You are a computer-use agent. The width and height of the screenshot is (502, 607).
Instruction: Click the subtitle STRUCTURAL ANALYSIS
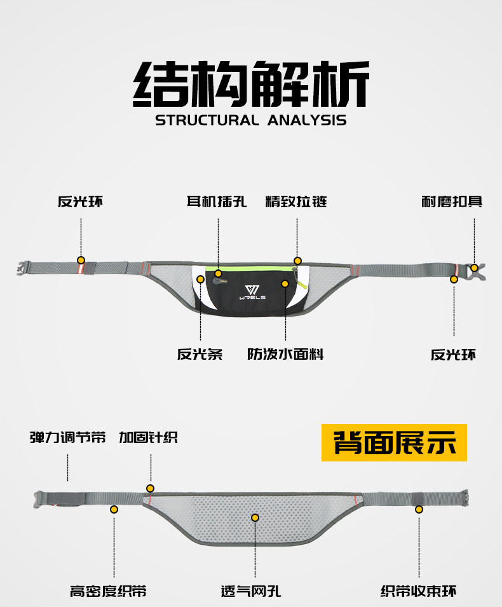(251, 120)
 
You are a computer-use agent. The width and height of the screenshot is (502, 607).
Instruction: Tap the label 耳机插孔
(217, 202)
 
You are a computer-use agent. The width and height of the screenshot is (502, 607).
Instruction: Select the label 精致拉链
(296, 202)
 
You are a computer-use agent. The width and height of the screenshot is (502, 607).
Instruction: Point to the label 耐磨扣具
(452, 201)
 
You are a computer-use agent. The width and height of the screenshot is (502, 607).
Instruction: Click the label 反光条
(200, 354)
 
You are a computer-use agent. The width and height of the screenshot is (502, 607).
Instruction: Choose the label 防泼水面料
(285, 354)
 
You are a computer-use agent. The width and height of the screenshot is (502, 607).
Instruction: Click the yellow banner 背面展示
(394, 442)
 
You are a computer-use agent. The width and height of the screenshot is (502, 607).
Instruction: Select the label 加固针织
(148, 438)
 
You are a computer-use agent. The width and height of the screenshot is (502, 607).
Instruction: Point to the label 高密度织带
(108, 591)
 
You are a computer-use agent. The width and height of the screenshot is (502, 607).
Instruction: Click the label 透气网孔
(254, 591)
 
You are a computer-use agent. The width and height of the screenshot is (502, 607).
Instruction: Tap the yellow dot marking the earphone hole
(218, 274)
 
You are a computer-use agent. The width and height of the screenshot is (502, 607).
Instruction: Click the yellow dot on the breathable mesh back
(255, 518)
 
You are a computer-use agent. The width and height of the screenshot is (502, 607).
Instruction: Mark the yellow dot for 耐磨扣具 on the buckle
(474, 268)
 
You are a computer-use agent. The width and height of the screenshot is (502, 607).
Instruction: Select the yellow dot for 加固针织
(150, 488)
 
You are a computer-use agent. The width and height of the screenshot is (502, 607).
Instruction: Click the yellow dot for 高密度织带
(114, 509)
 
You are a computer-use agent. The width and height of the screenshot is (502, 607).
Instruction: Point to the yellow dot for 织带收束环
(419, 508)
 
